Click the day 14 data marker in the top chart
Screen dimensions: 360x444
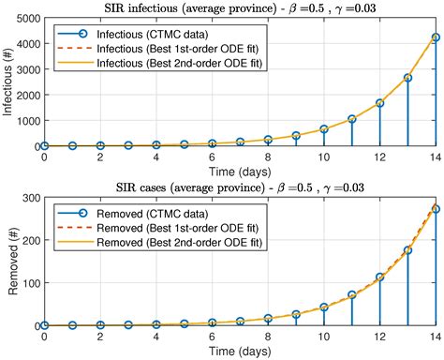coord(434,37)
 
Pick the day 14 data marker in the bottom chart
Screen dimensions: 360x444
coord(434,209)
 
